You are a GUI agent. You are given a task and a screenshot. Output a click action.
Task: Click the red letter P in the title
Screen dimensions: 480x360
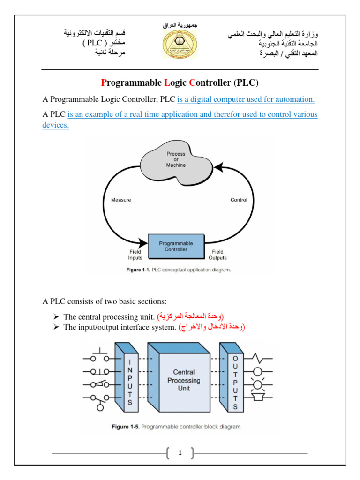[104, 83]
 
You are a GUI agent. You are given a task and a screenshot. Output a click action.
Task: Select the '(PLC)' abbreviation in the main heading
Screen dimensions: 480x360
[246, 83]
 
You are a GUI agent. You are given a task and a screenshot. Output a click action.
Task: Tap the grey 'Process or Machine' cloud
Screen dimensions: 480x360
[176, 159]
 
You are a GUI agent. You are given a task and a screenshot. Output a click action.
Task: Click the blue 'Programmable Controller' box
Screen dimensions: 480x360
[176, 247]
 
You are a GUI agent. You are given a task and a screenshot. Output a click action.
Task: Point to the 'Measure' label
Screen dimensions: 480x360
[121, 200]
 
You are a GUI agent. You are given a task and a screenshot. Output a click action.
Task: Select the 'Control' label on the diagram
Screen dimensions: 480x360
[239, 200]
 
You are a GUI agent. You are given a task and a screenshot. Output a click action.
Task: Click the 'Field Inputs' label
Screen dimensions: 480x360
[135, 255]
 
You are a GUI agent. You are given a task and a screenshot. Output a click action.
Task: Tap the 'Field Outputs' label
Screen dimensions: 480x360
[217, 255]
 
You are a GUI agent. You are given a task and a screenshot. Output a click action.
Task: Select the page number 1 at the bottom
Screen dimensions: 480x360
[180, 453]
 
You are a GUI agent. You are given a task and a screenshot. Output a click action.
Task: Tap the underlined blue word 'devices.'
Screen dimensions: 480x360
[55, 126]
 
